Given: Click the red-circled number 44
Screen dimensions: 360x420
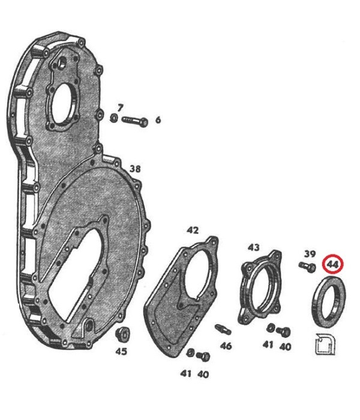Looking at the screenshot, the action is click(333, 265).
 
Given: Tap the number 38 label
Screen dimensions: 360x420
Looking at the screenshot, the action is click(135, 169).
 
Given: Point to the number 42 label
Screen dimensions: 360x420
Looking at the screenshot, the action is click(193, 230).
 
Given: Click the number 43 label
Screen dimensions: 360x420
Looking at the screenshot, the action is click(253, 247).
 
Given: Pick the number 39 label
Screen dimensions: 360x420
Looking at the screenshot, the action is click(310, 253).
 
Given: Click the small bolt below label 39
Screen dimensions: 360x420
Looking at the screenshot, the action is click(307, 267).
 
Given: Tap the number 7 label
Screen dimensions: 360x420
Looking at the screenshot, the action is click(120, 108).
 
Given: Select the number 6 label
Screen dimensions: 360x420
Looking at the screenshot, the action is click(158, 120).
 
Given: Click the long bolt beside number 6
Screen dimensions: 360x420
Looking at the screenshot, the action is click(135, 122).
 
